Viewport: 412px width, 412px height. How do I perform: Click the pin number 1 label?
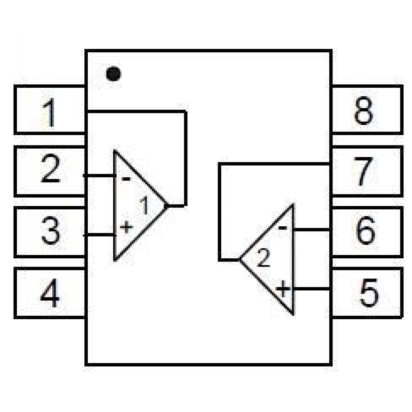tap(49, 114)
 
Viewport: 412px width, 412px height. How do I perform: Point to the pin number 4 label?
tap(50, 294)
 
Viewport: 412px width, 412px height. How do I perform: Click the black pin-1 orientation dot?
tap(113, 74)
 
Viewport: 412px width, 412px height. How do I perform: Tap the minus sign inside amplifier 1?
tap(126, 179)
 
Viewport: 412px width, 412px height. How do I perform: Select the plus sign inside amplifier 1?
tap(126, 226)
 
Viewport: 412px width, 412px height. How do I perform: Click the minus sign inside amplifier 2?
tap(283, 227)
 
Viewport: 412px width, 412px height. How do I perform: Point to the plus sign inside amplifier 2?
tap(283, 288)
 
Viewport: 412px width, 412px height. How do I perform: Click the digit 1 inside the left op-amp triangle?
tap(144, 206)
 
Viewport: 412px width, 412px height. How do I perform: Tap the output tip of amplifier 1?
tap(167, 205)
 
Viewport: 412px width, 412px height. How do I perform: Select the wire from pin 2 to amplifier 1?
tap(99, 176)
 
